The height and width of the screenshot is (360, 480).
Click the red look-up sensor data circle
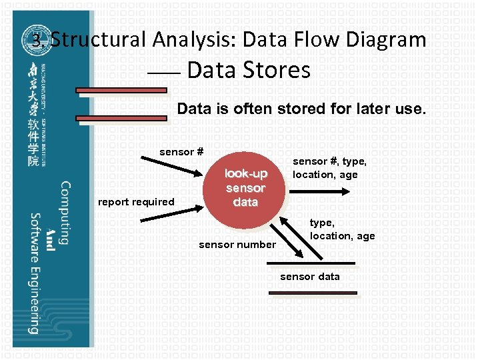click(245, 187)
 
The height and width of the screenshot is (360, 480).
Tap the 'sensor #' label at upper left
click(181, 152)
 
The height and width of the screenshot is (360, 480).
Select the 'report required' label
click(136, 202)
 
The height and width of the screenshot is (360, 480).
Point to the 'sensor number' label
click(237, 245)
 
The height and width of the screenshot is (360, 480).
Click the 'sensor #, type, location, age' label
click(329, 168)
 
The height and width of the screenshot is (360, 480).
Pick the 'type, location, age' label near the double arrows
click(342, 230)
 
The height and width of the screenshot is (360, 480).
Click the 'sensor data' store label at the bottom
click(309, 277)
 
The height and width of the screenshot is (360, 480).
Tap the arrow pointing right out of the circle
click(317, 191)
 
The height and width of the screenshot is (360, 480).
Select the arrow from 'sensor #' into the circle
click(177, 169)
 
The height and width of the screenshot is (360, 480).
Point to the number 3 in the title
click(37, 40)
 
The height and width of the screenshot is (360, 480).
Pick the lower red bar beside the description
click(121, 119)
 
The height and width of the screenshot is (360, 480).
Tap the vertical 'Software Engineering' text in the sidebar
click(33, 273)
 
